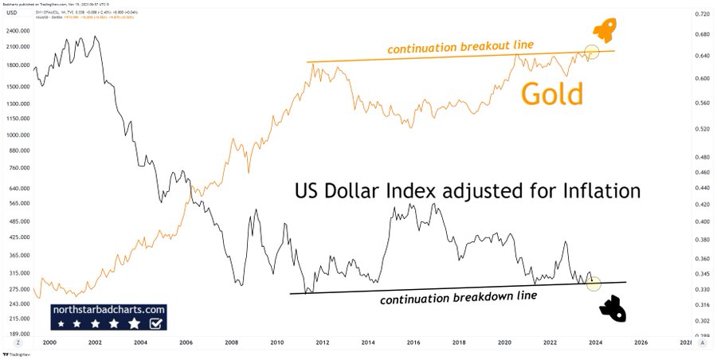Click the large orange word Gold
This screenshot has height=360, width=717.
point(552,93)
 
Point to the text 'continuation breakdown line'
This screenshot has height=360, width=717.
point(457,298)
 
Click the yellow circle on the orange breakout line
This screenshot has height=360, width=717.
point(592,53)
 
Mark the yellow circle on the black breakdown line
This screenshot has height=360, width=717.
point(594,283)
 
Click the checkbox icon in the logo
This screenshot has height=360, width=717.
point(157,323)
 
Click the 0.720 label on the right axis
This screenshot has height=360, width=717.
point(702,15)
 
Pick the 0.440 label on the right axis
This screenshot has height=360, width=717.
point(702,187)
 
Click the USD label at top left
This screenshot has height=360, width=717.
point(10,12)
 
